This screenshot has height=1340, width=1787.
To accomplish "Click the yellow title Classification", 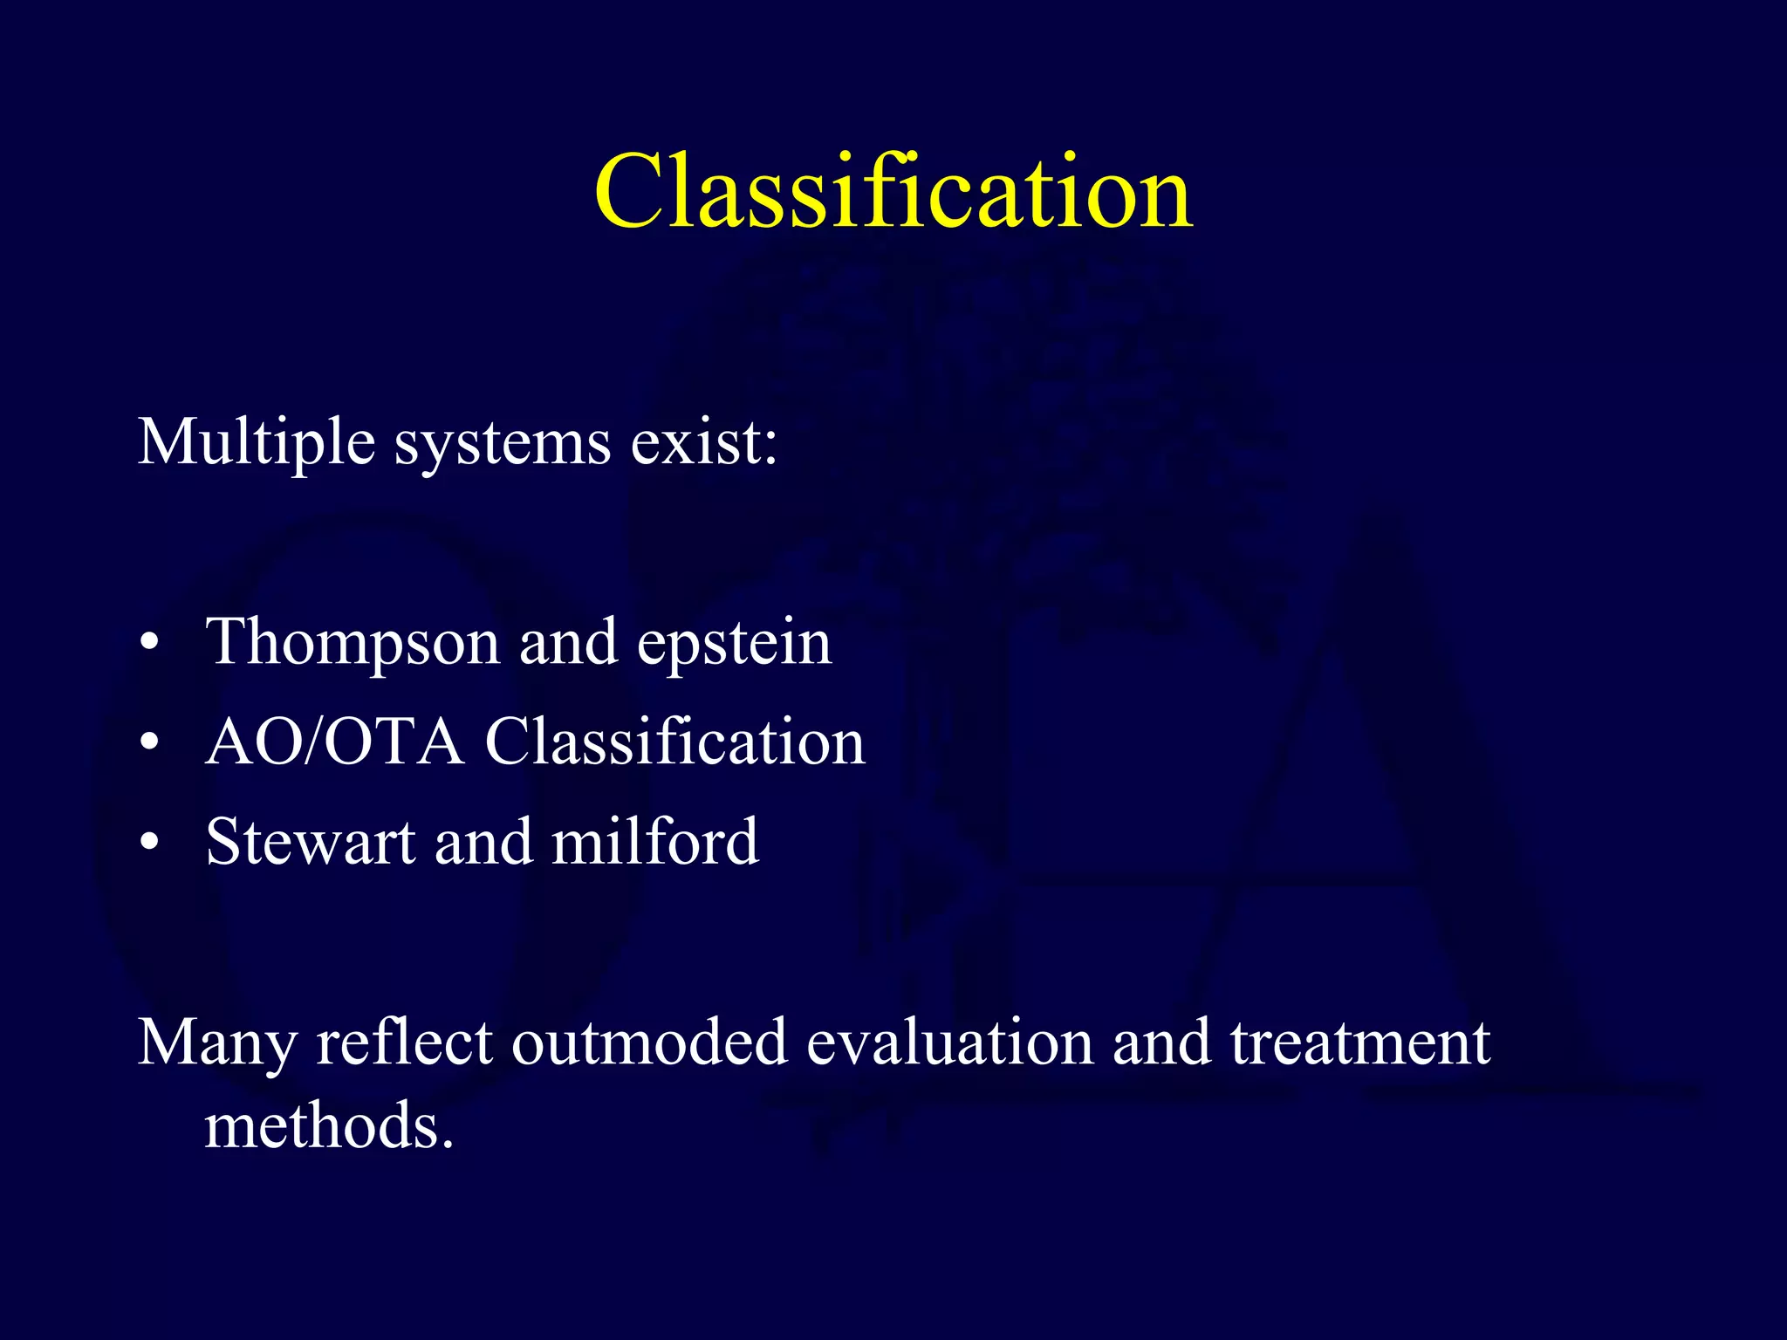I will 893,192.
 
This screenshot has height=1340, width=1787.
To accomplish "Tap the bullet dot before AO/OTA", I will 150,744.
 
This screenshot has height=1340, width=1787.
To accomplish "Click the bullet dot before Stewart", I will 150,844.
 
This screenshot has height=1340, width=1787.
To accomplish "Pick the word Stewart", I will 310,843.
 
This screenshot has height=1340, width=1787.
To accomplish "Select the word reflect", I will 404,1043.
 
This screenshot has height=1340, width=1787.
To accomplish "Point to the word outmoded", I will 648,1043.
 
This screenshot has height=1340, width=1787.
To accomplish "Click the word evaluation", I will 949,1043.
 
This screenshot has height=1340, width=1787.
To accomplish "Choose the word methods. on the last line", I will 329,1126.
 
